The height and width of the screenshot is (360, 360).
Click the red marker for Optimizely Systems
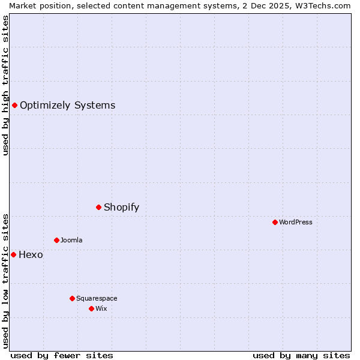[14, 106]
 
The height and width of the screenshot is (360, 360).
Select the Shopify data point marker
[99, 208]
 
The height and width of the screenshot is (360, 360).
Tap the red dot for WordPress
[275, 223]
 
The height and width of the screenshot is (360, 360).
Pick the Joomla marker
[56, 241]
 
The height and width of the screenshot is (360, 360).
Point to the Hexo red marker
[13, 255]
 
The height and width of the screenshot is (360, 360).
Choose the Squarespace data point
[72, 299]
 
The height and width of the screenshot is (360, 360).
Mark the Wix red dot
[91, 309]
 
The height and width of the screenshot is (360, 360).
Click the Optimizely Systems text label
[67, 106]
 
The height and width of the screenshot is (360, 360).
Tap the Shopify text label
[121, 208]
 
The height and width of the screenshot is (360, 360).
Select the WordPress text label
[296, 223]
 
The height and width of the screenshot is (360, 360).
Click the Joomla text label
[71, 241]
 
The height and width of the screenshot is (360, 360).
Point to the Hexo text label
[31, 255]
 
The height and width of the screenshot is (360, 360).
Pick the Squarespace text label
[97, 299]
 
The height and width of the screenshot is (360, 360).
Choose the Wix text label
[101, 309]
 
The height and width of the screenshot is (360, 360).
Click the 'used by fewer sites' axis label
[62, 356]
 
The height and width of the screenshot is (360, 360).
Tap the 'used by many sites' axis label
[301, 356]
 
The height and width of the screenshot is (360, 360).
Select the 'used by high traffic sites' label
[6, 85]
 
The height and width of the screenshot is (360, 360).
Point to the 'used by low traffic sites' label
[6, 280]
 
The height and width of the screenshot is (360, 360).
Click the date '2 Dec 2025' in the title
[263, 5]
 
